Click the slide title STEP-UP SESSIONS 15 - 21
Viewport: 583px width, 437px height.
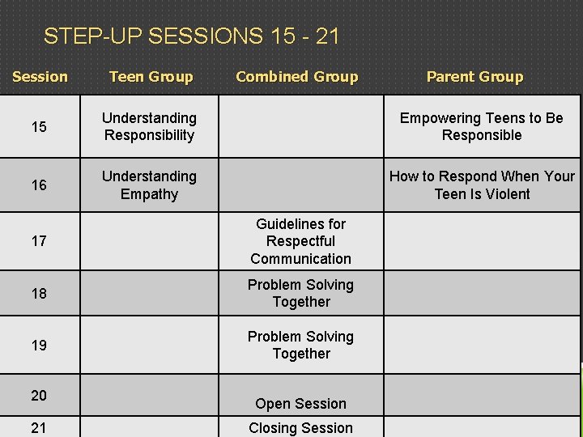[191, 36]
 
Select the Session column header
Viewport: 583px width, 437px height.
[40, 77]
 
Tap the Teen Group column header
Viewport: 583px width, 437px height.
[151, 77]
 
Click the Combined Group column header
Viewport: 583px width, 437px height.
[296, 77]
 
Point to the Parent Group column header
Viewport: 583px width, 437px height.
[474, 77]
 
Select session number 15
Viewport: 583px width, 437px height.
[39, 127]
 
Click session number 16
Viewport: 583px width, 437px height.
[39, 185]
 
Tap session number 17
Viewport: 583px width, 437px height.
[39, 241]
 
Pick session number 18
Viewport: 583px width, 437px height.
[39, 294]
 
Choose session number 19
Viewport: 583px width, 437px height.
[39, 346]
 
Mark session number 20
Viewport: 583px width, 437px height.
[39, 395]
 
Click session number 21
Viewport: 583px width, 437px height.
[39, 428]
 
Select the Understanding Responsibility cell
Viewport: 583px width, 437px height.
[150, 127]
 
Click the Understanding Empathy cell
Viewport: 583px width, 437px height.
[150, 185]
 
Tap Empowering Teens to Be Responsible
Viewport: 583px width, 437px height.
[482, 127]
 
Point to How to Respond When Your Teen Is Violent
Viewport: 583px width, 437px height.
[482, 185]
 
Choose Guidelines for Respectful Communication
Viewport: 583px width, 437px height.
[301, 241]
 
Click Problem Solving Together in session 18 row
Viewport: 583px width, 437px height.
[301, 294]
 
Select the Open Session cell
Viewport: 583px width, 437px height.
[301, 404]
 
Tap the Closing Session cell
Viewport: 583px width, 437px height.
[301, 428]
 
